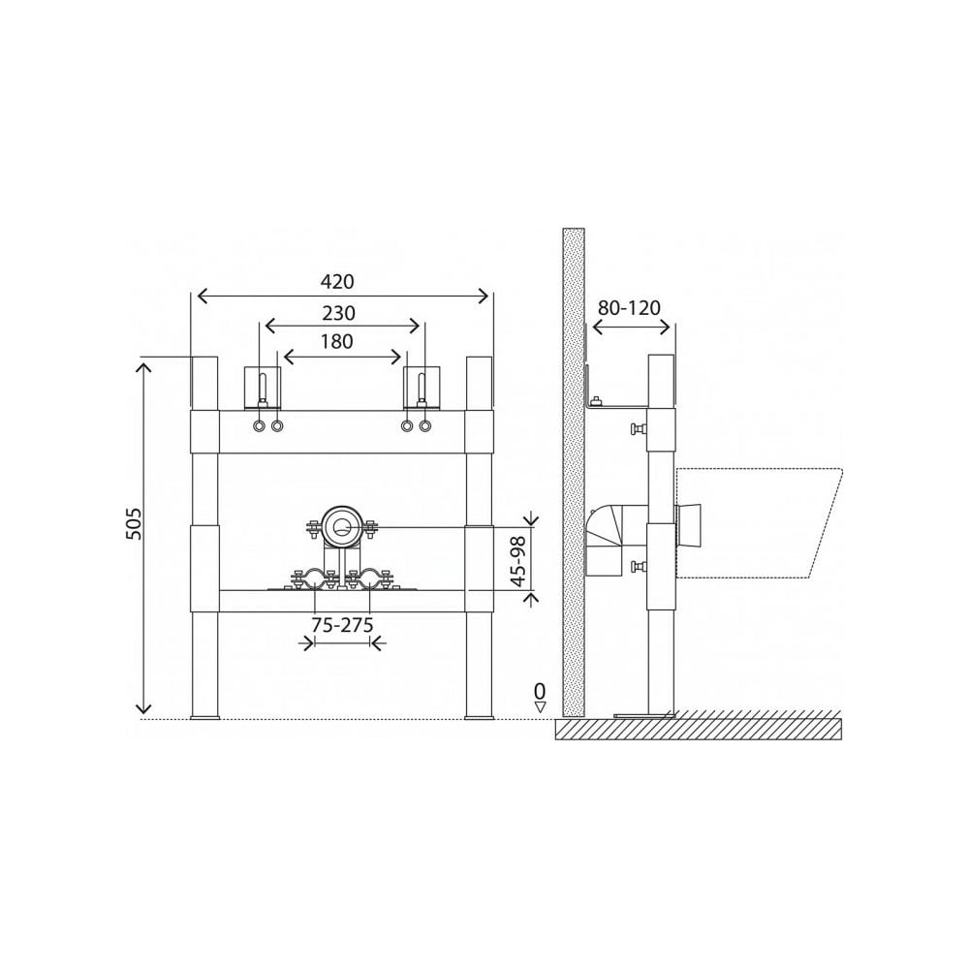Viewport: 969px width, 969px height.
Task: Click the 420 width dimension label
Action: [x=337, y=282]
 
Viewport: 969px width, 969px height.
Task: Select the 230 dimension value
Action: [x=338, y=313]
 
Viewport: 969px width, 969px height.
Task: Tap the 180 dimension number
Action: [x=337, y=341]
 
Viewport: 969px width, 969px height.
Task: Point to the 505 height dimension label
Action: [x=134, y=523]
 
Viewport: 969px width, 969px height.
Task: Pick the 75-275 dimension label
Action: [x=342, y=625]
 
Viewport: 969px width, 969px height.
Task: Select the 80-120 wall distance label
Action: [x=629, y=307]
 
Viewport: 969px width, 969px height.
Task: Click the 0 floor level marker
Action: [x=540, y=690]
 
